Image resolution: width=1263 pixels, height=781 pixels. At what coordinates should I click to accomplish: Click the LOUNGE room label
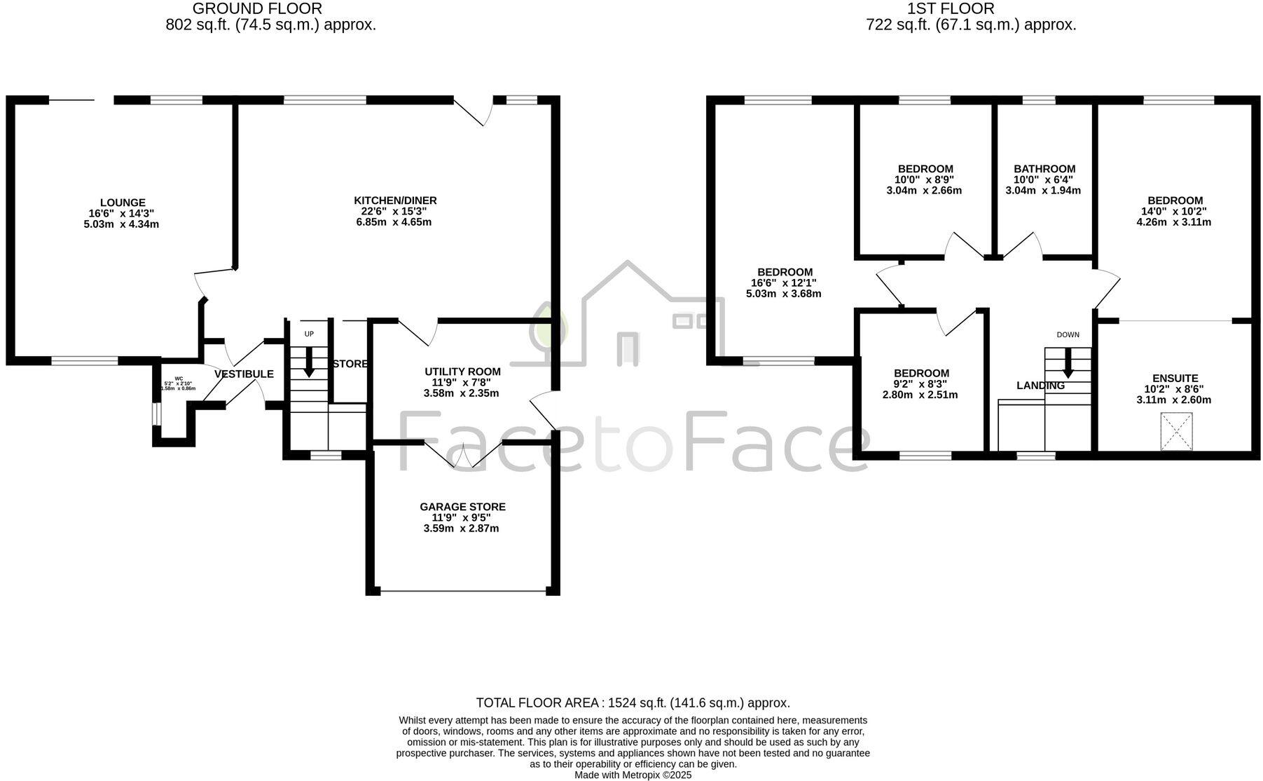pos(123,203)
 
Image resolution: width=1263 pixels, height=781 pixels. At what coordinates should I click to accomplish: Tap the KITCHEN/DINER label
pos(395,201)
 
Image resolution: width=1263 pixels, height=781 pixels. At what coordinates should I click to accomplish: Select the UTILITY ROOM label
pos(462,372)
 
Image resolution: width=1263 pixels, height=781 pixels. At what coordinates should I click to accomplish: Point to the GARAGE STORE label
pos(462,507)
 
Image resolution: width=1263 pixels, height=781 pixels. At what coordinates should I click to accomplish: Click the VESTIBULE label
pos(244,374)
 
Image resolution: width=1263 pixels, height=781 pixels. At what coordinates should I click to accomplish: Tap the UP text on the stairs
pos(309,334)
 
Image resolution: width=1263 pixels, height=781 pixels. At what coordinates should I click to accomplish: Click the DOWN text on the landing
pos(1068,334)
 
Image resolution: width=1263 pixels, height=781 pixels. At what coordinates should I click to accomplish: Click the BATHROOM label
pos(1044,169)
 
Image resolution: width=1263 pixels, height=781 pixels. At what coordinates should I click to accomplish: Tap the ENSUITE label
pos(1175,378)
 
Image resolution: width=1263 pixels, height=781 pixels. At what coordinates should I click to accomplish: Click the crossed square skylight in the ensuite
pos(1176,430)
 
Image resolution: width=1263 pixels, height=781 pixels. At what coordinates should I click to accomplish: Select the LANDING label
pos(1040,386)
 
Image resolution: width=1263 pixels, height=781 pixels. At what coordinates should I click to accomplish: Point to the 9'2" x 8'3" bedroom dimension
pos(920,384)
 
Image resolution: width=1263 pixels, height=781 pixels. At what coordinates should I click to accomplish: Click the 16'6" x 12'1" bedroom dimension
pos(784,283)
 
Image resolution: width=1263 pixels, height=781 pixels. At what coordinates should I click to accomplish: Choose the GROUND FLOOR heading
pos(257,9)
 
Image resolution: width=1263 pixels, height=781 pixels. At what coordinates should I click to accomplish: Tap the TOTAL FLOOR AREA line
pos(633,702)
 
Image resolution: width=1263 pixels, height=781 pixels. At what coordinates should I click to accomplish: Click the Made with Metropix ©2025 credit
pos(633,775)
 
